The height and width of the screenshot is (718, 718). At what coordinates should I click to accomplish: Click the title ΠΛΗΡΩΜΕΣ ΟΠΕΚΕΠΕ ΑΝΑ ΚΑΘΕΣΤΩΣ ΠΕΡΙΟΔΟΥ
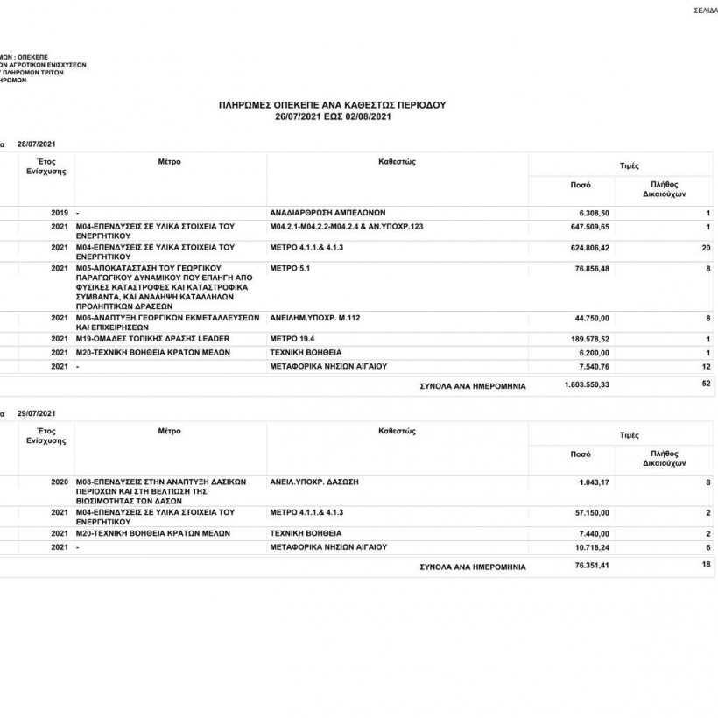[x=332, y=104]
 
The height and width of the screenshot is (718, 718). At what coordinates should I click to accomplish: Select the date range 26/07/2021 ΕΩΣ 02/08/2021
[x=332, y=116]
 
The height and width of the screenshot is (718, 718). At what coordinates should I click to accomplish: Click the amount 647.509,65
[x=588, y=226]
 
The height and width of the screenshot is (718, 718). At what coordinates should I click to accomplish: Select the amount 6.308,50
[x=594, y=213]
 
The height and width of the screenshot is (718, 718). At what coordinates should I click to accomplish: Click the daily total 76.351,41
[x=588, y=567]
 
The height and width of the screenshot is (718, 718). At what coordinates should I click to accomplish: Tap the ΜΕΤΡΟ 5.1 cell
[x=291, y=269]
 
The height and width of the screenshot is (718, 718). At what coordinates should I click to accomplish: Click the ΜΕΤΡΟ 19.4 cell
[x=293, y=338]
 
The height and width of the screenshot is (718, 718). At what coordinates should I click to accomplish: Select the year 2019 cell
[x=60, y=213]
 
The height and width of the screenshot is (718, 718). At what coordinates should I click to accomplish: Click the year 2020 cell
[x=60, y=482]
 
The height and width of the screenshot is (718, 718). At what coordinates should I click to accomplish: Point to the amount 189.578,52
[x=588, y=338]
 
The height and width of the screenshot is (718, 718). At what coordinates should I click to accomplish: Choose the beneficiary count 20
[x=706, y=248]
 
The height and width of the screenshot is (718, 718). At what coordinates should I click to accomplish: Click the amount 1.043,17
[x=594, y=482]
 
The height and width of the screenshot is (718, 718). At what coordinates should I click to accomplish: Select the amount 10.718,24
[x=591, y=547]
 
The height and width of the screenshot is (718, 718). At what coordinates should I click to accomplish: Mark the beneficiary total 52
[x=706, y=384]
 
